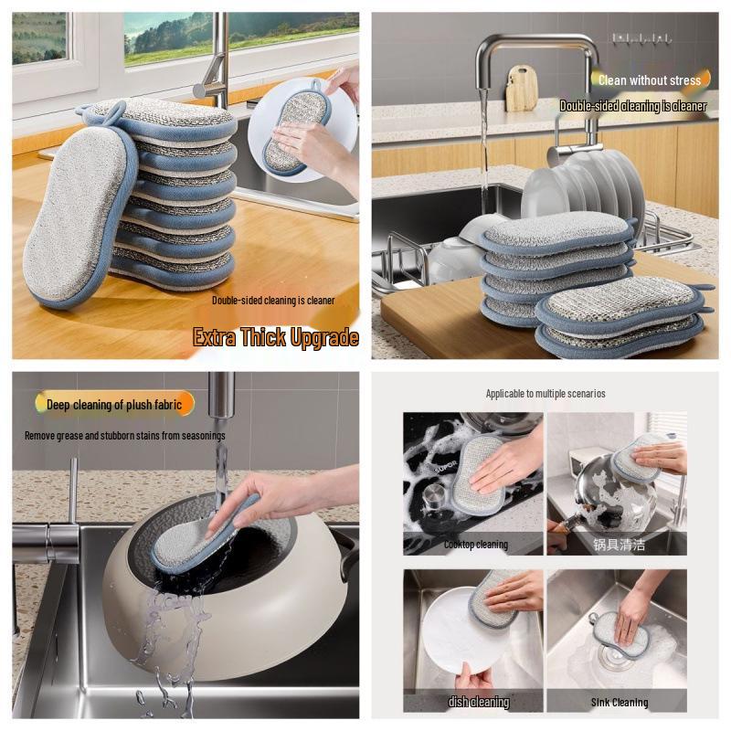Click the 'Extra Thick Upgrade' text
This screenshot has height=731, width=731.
(x=275, y=337)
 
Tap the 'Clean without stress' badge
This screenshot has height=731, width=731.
(x=648, y=80)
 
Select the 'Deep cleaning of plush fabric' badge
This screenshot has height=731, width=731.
(x=114, y=404)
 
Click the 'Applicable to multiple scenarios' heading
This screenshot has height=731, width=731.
(x=545, y=394)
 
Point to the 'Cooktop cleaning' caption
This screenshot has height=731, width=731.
(x=475, y=545)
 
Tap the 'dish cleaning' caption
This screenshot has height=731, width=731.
(x=478, y=702)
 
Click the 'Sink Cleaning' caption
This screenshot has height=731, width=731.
(x=619, y=702)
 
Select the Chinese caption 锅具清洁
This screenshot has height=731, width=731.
(x=619, y=544)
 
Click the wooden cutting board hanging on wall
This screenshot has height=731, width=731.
(x=522, y=89)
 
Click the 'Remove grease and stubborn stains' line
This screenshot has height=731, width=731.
(x=124, y=436)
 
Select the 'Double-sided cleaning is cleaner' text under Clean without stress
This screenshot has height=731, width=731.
(x=632, y=106)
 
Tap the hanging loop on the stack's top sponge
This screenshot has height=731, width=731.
(x=102, y=112)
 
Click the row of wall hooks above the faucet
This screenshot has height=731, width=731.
(x=641, y=38)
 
